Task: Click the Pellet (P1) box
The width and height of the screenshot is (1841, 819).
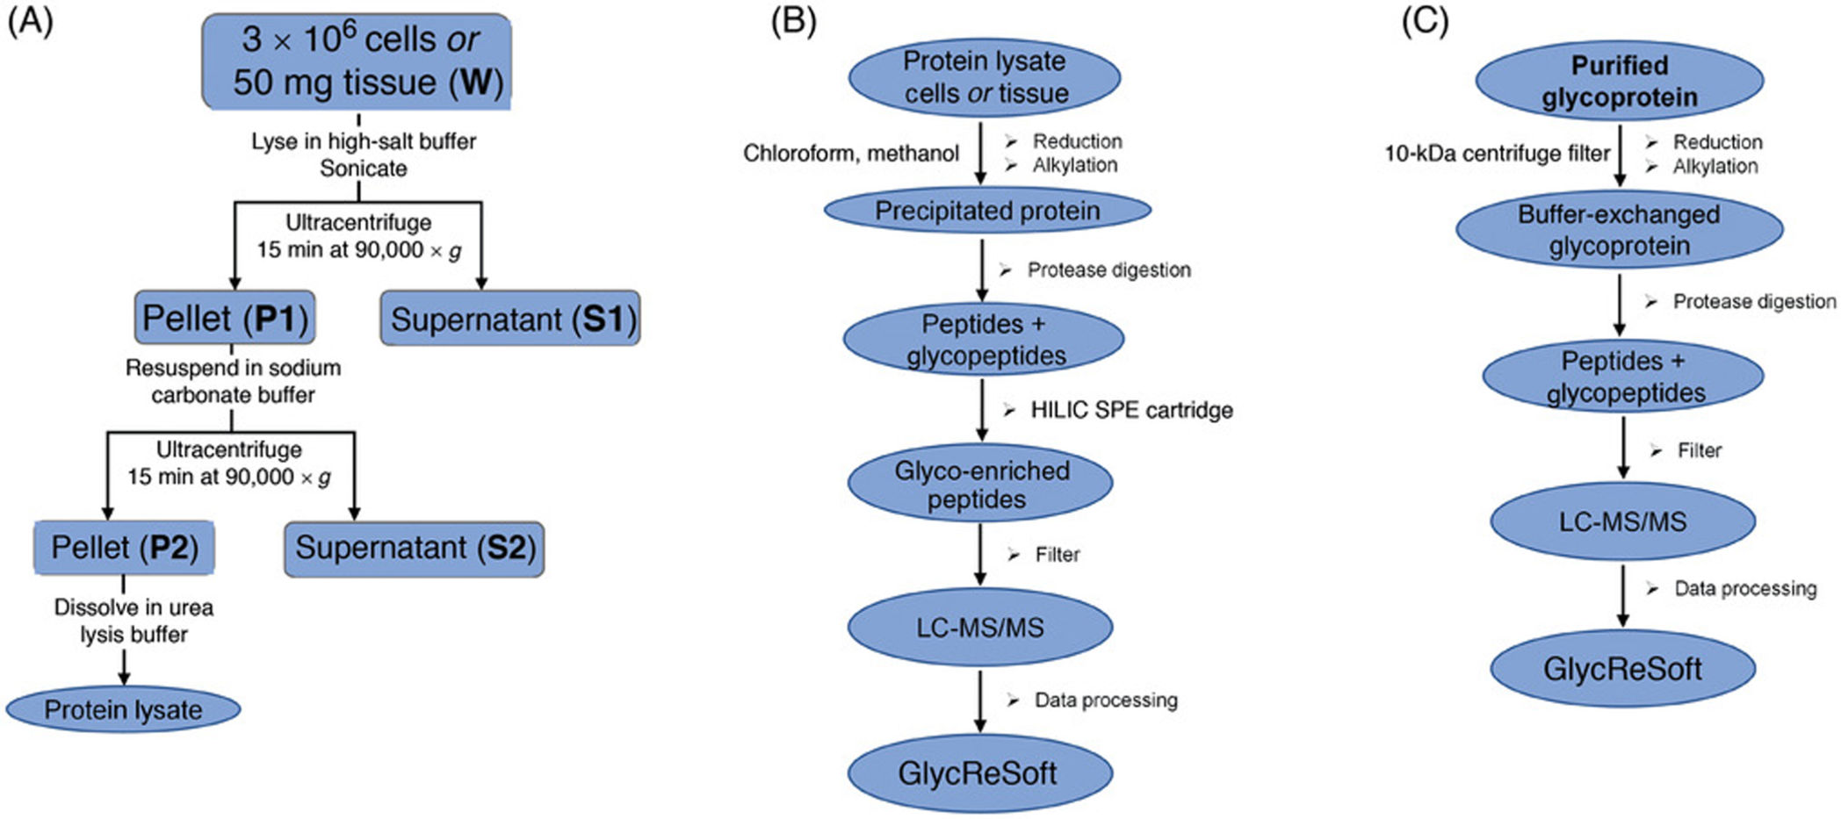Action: click(x=225, y=318)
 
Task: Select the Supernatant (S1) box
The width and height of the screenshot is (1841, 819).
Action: click(x=510, y=319)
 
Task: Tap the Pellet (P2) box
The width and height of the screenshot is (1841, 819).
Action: click(x=124, y=548)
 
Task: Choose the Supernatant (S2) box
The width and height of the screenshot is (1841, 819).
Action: click(x=414, y=549)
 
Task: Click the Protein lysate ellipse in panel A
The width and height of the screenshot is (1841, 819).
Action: click(x=123, y=709)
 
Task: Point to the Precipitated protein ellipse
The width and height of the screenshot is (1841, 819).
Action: click(x=986, y=211)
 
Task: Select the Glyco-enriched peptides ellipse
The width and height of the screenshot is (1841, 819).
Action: click(x=980, y=485)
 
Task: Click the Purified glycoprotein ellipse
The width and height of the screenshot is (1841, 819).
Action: click(x=1619, y=81)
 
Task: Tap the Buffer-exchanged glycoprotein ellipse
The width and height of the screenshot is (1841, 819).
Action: click(x=1619, y=230)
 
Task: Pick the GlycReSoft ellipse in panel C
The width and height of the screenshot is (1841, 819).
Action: click(x=1622, y=669)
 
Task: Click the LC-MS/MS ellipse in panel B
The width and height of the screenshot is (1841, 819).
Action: click(x=980, y=627)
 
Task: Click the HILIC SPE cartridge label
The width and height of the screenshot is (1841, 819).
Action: click(x=1131, y=410)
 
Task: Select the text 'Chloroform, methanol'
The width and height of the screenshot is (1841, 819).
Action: click(x=850, y=154)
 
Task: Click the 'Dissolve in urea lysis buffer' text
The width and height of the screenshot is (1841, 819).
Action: click(x=134, y=621)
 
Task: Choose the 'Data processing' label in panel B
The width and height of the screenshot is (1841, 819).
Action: click(x=1106, y=700)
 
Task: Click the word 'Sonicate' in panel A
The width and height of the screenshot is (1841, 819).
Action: click(x=363, y=169)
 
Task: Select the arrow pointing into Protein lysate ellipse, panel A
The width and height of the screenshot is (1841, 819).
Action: click(x=124, y=669)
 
